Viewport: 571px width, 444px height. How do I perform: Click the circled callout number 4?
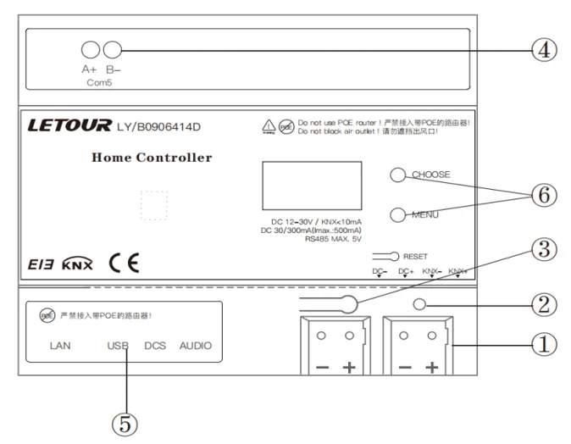(x=544, y=50)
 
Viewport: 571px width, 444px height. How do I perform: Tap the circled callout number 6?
(x=544, y=194)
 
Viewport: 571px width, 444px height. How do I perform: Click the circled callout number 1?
(x=544, y=345)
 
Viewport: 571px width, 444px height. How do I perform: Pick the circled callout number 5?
(x=127, y=420)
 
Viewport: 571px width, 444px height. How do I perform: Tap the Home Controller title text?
(x=152, y=158)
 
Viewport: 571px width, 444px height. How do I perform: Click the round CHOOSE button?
(x=396, y=175)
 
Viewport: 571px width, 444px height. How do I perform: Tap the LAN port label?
(x=59, y=346)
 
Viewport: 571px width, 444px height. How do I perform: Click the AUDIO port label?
(x=195, y=346)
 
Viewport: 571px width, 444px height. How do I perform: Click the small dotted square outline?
(x=152, y=205)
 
